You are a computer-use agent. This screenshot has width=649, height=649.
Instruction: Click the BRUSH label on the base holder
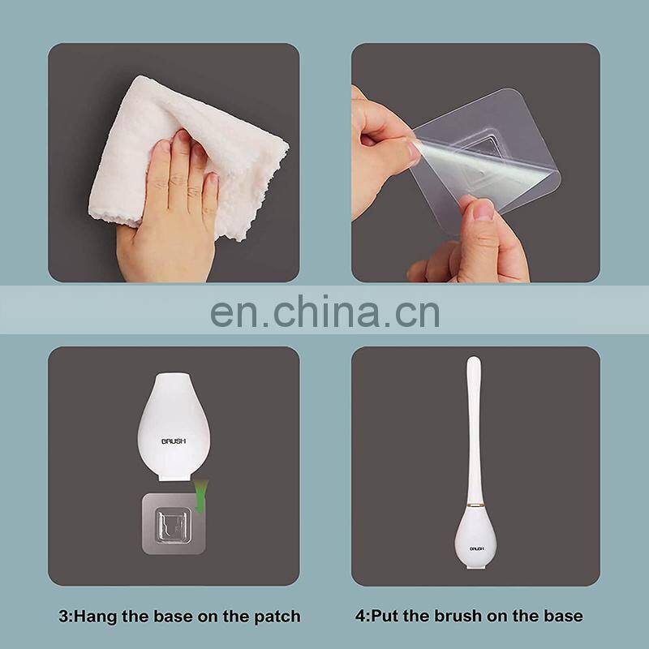(174, 441)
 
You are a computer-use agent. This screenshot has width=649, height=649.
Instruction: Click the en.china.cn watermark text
(324, 311)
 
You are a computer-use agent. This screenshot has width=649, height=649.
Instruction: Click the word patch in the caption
(276, 616)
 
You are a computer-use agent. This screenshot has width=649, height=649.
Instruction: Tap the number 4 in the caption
(359, 616)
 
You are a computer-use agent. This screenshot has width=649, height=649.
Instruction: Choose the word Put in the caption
(385, 616)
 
